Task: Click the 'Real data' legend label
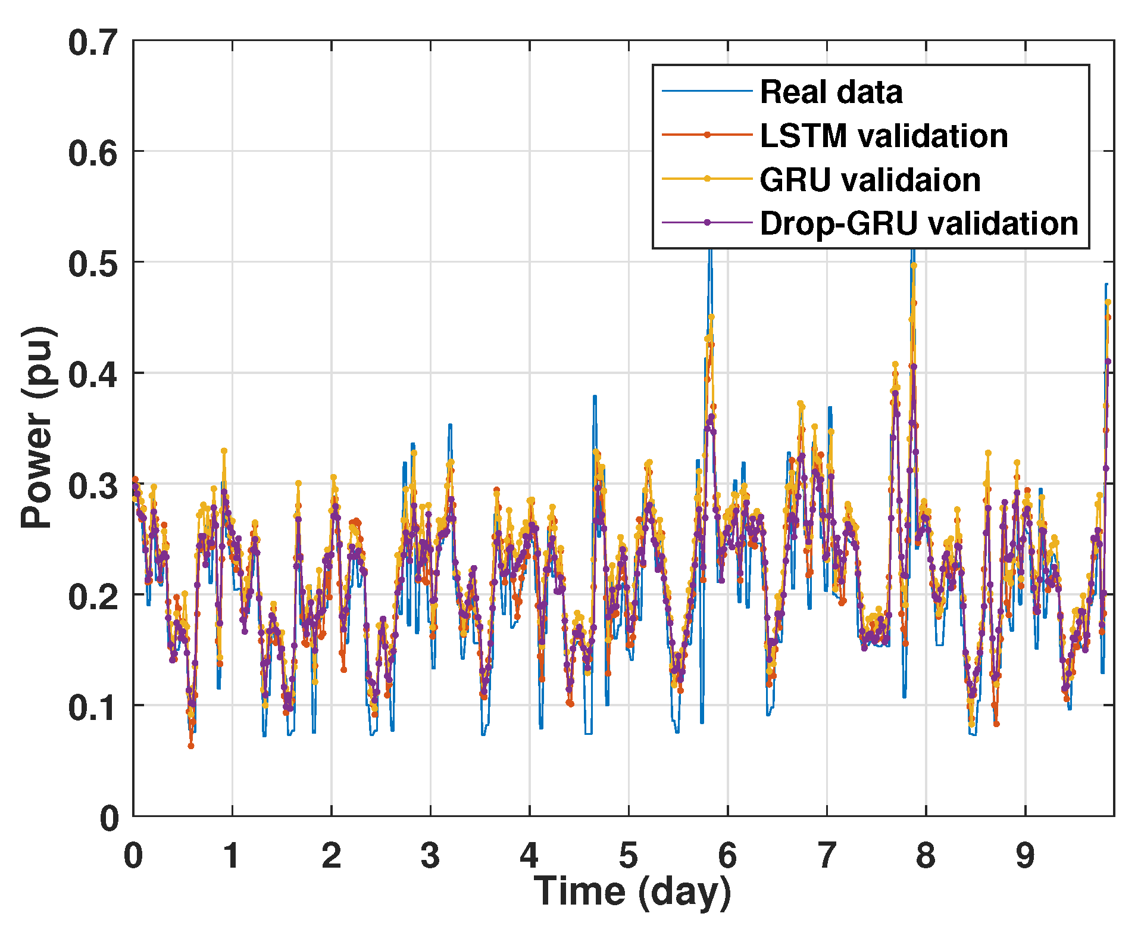click(831, 92)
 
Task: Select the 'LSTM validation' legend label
click(884, 136)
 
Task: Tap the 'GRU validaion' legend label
click(870, 180)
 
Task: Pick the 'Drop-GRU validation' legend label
click(919, 224)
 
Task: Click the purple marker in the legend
click(707, 223)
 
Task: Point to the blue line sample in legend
click(707, 91)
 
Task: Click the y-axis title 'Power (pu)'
click(37, 426)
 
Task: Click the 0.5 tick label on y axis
click(92, 264)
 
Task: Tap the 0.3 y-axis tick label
click(92, 485)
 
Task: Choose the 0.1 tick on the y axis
click(92, 707)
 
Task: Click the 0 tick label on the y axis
click(110, 818)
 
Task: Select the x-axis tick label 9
click(1025, 856)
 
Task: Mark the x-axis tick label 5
click(629, 856)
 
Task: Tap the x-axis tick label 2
click(332, 856)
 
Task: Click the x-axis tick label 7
click(827, 856)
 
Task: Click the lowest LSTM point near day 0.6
click(191, 745)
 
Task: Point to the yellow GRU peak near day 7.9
click(914, 266)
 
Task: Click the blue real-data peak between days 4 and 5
click(594, 397)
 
